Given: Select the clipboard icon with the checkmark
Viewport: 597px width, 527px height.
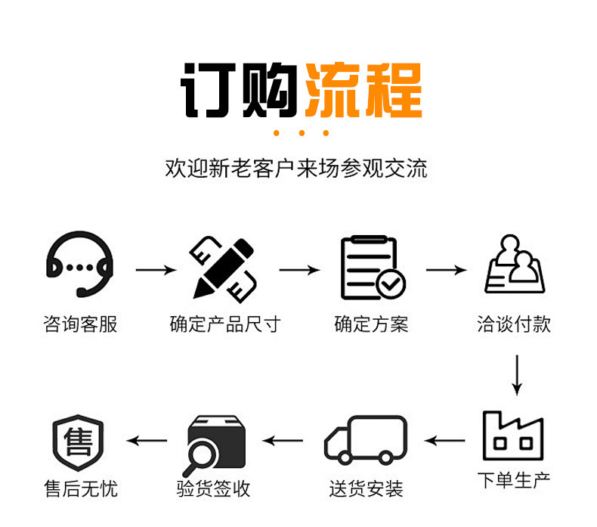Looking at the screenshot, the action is (372, 267).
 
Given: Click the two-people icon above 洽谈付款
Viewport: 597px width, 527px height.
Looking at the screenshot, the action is (515, 265).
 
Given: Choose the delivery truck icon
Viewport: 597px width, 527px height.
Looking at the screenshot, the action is (366, 439).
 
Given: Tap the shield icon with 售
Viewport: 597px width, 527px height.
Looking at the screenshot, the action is (78, 441).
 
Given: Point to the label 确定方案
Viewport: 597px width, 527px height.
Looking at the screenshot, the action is (371, 325).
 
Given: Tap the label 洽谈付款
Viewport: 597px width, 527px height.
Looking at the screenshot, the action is (514, 325).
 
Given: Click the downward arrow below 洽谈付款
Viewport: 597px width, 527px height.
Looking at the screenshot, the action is (517, 374).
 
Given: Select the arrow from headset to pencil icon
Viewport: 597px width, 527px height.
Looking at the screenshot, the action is (156, 268).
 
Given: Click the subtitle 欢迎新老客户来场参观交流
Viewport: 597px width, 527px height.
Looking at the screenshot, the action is (296, 168).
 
